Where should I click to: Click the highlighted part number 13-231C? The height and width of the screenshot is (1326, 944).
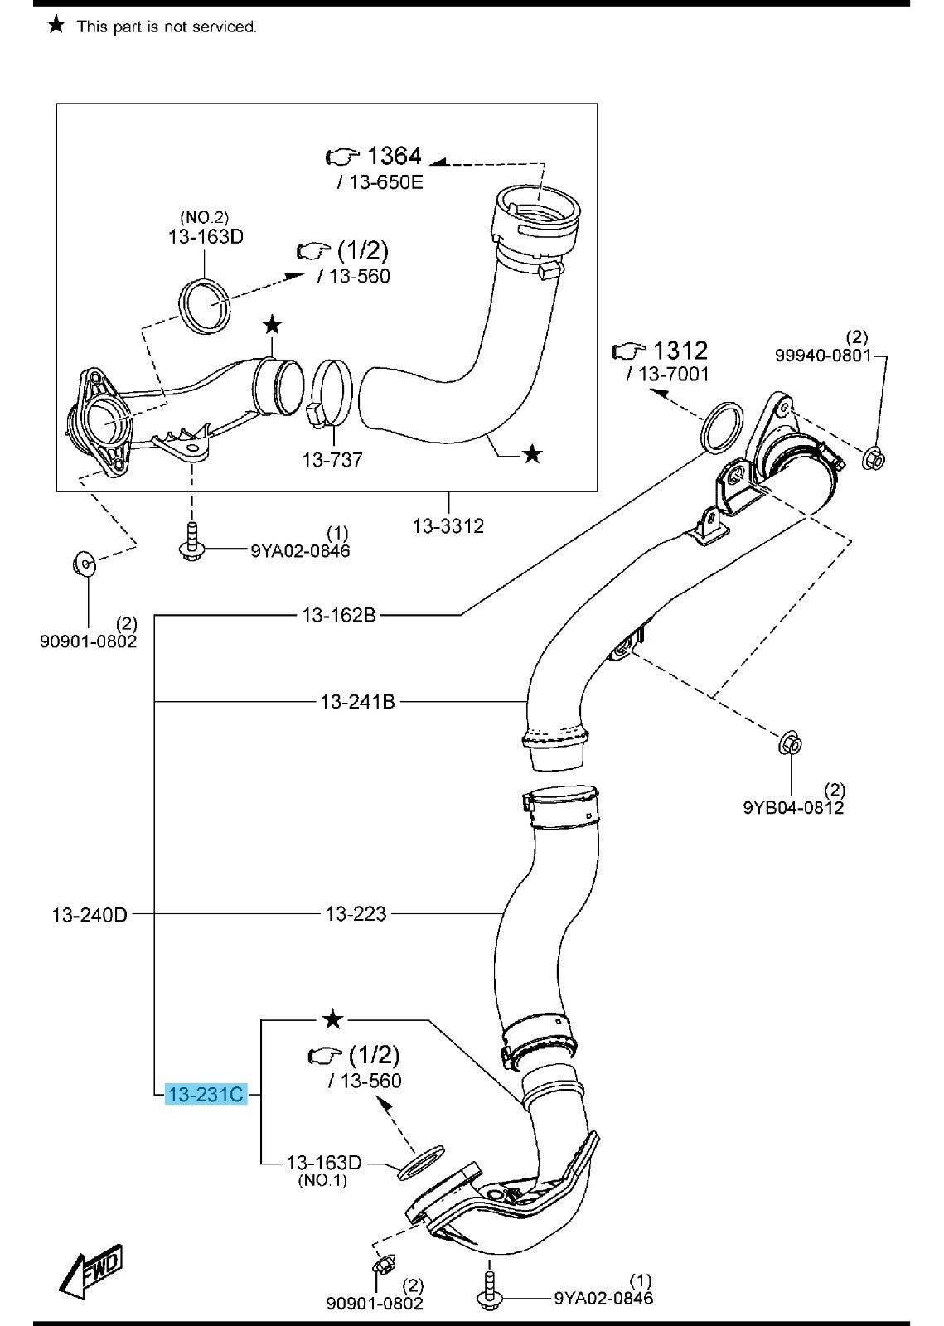[206, 1095]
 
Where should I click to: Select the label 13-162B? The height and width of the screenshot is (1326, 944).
[339, 615]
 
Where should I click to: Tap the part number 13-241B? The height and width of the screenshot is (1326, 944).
[357, 702]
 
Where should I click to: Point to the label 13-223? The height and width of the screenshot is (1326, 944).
[356, 914]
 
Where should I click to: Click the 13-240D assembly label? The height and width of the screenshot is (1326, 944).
[90, 915]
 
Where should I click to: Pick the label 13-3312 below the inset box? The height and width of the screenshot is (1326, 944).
[448, 525]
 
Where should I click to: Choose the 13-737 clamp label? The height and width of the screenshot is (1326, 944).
[332, 459]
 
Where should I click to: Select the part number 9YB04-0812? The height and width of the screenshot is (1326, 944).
[793, 806]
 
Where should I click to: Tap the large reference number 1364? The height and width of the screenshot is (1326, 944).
[394, 156]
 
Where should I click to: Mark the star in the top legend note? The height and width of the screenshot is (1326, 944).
[56, 26]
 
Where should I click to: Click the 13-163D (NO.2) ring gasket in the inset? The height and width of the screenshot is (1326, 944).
[206, 304]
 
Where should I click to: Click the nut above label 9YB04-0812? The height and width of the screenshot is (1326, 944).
[791, 743]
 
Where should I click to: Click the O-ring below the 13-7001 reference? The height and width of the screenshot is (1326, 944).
[722, 426]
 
